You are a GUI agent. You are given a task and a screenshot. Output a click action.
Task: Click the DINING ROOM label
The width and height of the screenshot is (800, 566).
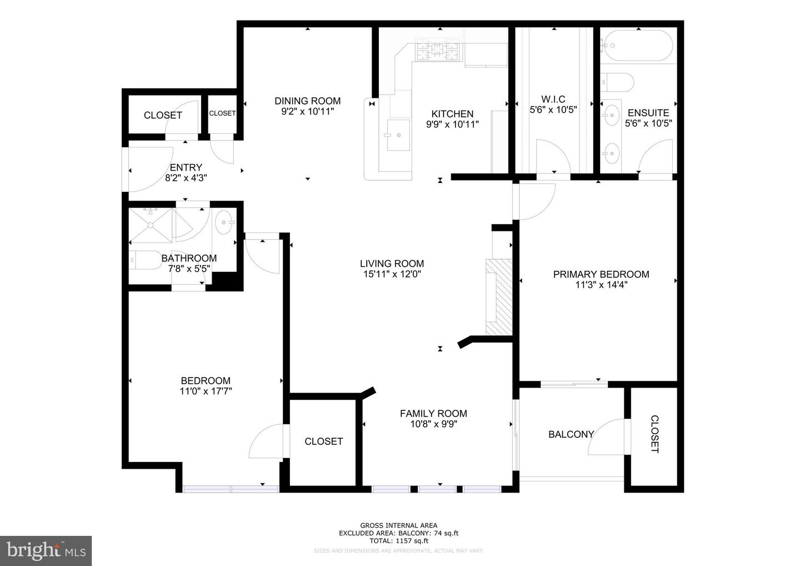click(x=307, y=101)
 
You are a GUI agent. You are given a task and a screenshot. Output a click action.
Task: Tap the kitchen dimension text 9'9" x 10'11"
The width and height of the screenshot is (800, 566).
click(x=452, y=125)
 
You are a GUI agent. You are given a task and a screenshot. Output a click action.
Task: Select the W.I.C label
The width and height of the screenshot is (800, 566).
click(x=553, y=100)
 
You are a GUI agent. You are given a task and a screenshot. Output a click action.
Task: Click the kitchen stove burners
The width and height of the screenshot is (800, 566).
click(x=438, y=51)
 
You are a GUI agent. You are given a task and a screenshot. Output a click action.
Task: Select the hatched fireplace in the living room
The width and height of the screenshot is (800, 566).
click(x=499, y=297)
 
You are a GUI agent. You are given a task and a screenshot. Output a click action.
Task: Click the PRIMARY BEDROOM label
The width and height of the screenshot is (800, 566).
click(x=601, y=274)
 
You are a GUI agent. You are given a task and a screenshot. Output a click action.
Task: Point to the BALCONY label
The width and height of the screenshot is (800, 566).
click(x=571, y=434)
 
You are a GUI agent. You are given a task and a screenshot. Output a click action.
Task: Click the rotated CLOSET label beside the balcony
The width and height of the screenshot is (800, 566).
click(x=654, y=434)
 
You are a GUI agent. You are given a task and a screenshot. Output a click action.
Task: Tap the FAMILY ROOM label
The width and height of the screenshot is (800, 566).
click(x=433, y=413)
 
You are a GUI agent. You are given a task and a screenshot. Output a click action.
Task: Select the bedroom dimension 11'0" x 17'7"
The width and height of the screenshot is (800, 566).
click(x=205, y=391)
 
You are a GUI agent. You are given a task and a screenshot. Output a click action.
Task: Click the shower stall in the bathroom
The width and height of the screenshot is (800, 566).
click(x=150, y=225)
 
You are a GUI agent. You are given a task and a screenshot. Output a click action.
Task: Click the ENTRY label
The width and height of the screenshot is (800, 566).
click(x=186, y=167)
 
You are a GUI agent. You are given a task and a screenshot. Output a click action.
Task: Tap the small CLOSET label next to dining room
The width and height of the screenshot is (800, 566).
click(x=222, y=113)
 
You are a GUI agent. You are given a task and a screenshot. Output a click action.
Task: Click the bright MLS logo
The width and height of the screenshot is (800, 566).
click(x=46, y=550)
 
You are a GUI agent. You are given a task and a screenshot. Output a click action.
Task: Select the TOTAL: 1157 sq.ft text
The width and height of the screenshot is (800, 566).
click(x=398, y=540)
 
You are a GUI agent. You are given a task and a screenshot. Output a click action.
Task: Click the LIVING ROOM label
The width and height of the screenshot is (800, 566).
click(x=392, y=264)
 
